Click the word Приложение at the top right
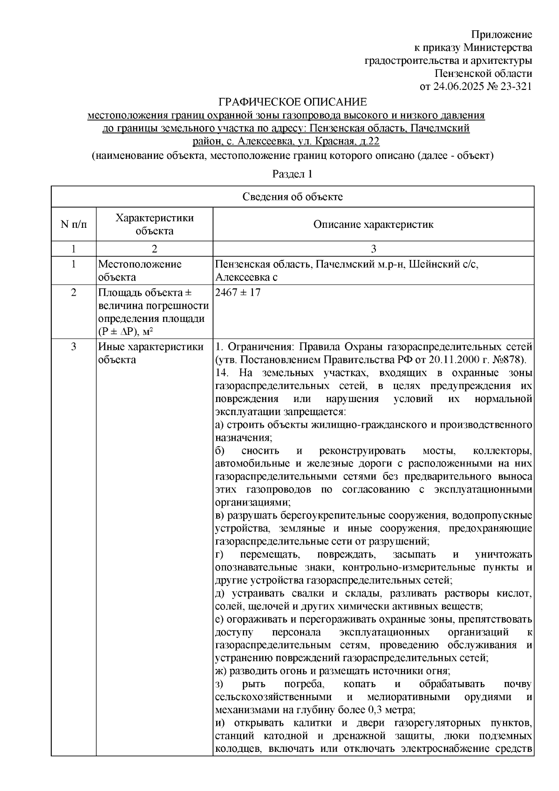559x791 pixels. coord(502,34)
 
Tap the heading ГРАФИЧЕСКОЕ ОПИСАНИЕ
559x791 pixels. coord(293,102)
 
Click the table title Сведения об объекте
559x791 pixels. coord(292,197)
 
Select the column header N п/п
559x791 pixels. coord(74,225)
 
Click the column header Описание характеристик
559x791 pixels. coord(373,225)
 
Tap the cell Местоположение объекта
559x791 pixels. coord(139,271)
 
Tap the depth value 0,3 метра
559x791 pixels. coord(392,710)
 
